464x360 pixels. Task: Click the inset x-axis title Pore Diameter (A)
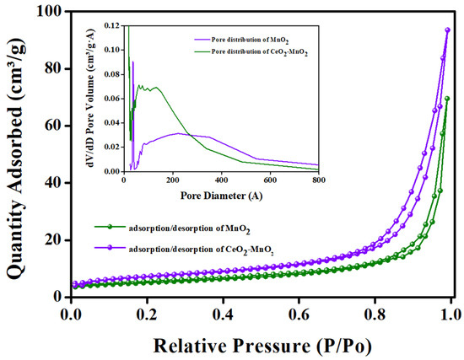click(x=221, y=195)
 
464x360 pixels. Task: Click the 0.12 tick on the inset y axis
click(x=113, y=26)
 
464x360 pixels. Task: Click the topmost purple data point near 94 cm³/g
click(x=448, y=30)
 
